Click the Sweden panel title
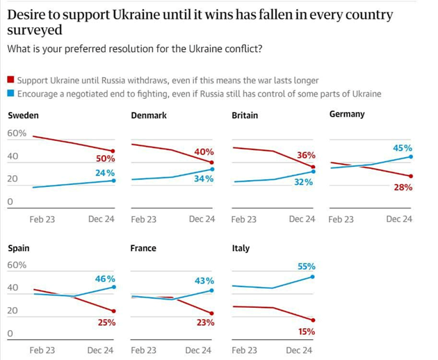tap(23, 115)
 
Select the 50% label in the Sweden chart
tap(105, 159)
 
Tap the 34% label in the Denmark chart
tap(204, 179)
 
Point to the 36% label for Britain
tap(307, 156)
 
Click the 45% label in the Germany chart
tap(403, 148)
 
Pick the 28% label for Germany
tap(403, 188)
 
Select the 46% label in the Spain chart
tap(105, 279)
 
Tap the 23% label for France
tap(205, 322)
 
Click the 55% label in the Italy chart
tap(306, 266)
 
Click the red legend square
tap(10, 81)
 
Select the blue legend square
tap(10, 94)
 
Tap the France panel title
tap(143, 248)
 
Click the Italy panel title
tap(241, 248)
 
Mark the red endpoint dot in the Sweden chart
tap(113, 151)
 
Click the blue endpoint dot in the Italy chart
tap(314, 277)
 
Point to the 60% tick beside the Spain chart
tap(17, 265)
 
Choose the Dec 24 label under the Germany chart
tap(399, 219)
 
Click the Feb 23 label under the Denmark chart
tap(143, 219)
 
